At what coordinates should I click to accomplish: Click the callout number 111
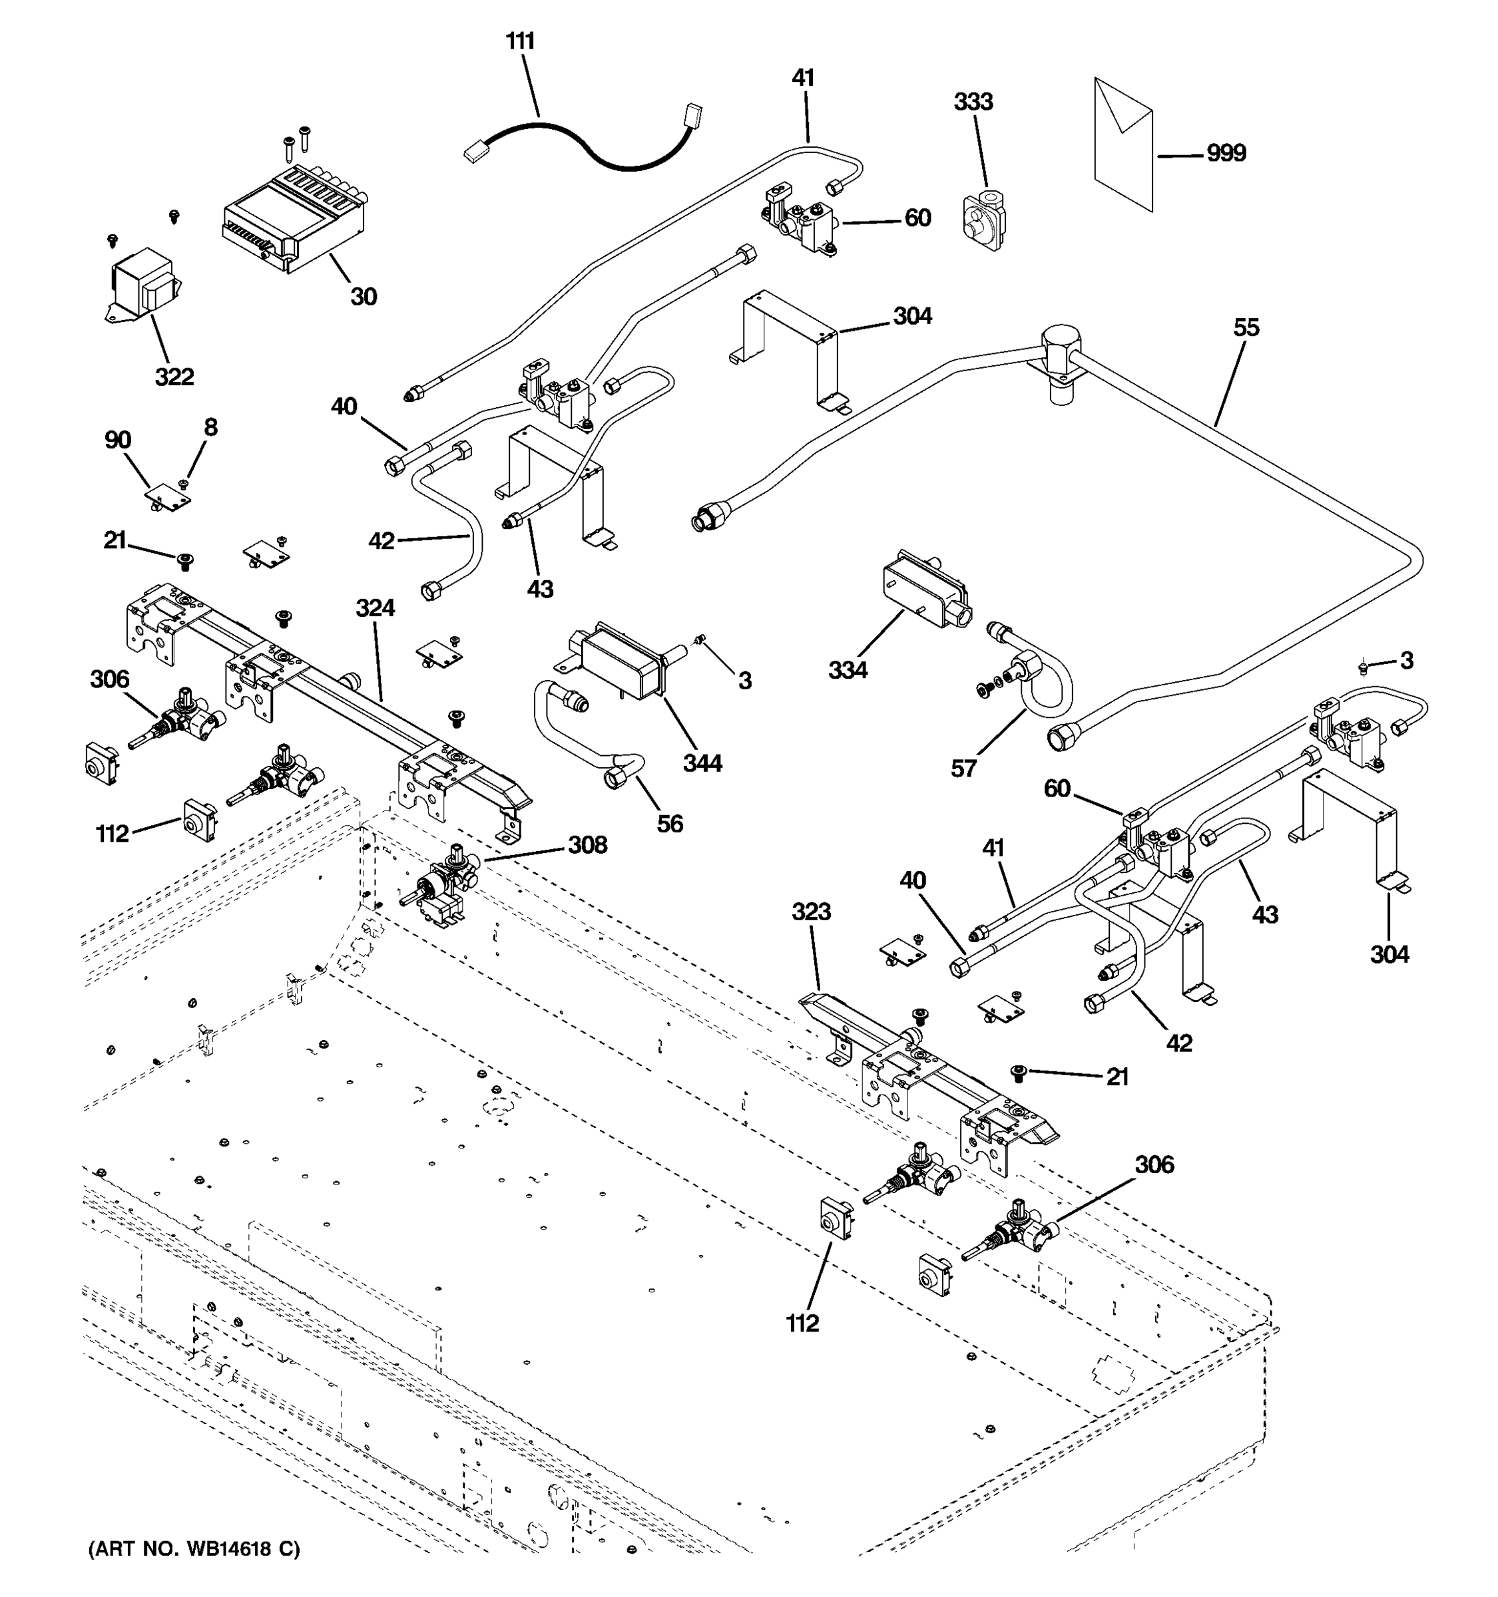pyautogui.click(x=520, y=41)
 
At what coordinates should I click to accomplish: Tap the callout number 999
pyautogui.click(x=1226, y=152)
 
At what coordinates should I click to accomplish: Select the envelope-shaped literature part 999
pyautogui.click(x=1123, y=144)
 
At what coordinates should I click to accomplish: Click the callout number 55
pyautogui.click(x=1246, y=328)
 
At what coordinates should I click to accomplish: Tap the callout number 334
pyautogui.click(x=847, y=669)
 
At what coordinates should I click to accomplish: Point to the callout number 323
pyautogui.click(x=810, y=912)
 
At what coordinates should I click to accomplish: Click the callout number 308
pyautogui.click(x=587, y=845)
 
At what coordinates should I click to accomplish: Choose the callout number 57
pyautogui.click(x=963, y=769)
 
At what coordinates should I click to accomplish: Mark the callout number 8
pyautogui.click(x=210, y=427)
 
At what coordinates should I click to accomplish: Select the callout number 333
pyautogui.click(x=973, y=102)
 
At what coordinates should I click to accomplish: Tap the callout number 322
pyautogui.click(x=174, y=377)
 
